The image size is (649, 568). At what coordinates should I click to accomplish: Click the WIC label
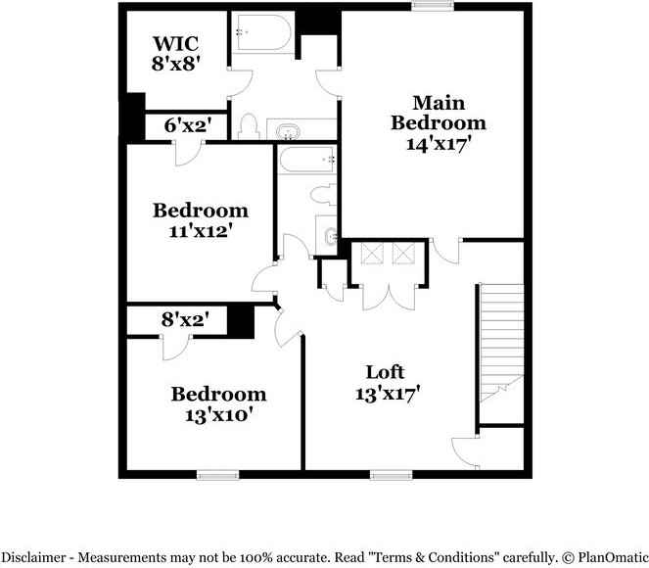coord(176,45)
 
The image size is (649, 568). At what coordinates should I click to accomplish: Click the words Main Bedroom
coord(438,113)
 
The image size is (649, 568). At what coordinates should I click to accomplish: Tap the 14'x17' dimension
coord(438,143)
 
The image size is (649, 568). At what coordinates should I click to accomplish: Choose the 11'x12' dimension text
coord(200,232)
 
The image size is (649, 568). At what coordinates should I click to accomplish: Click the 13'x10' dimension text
coord(218,415)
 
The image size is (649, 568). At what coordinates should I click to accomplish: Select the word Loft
coord(385,372)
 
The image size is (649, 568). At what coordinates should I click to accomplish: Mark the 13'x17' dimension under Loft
coord(388,395)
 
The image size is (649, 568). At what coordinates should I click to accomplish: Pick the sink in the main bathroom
coord(289,130)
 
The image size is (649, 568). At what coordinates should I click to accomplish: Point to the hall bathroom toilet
coord(322,193)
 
